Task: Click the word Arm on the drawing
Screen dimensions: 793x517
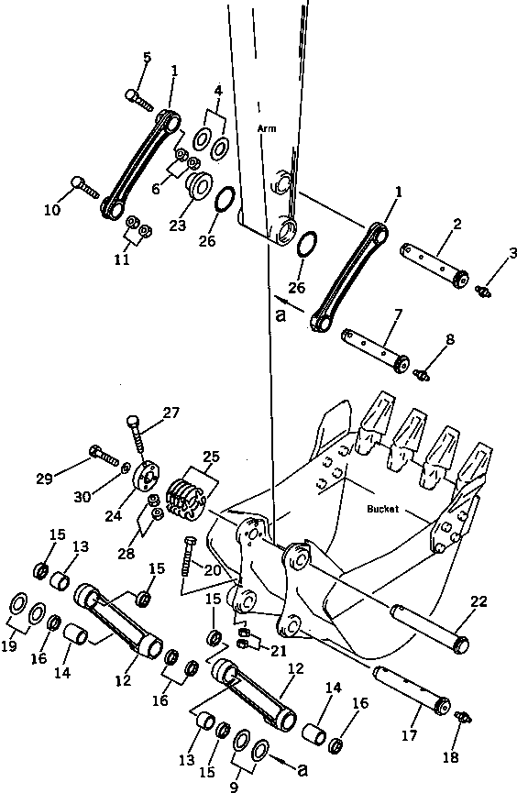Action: point(267,129)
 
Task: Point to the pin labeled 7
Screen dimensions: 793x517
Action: point(375,346)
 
